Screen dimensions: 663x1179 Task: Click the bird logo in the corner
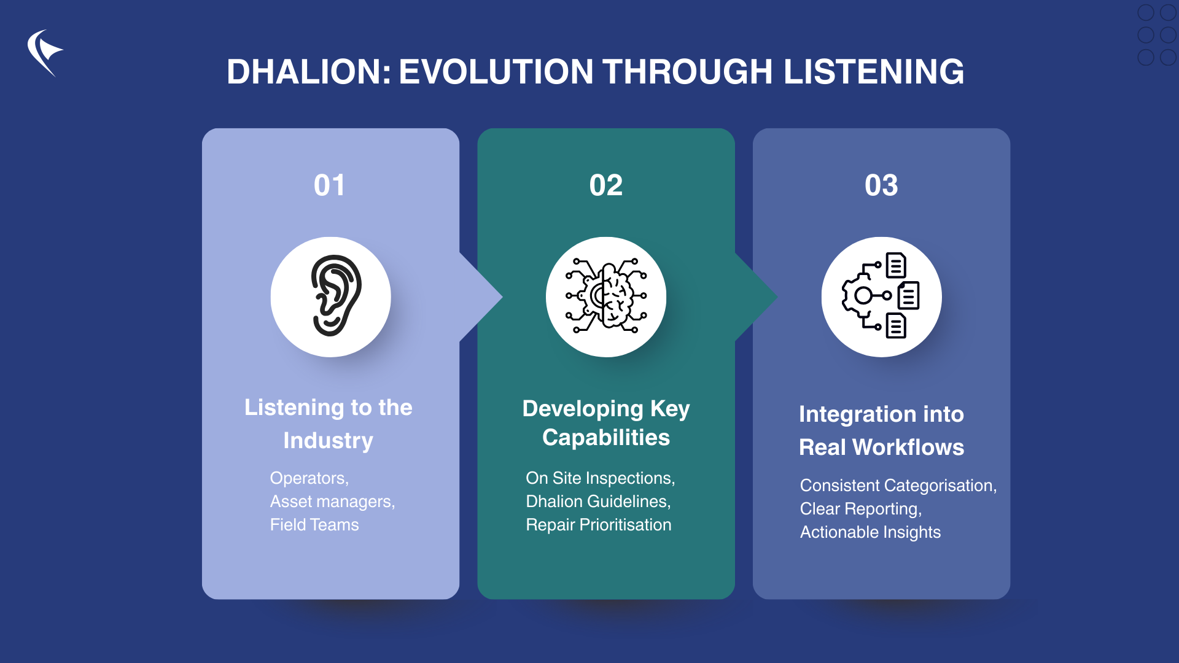tap(44, 53)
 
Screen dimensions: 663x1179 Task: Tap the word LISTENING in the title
tap(873, 72)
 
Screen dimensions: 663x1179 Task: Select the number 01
tap(330, 185)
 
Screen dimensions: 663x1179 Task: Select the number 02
tap(605, 185)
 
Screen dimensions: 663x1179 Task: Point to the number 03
tap(881, 185)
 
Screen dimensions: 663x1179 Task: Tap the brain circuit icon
tap(606, 297)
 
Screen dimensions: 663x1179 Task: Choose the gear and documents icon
tap(881, 297)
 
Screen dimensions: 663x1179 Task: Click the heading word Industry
tap(328, 441)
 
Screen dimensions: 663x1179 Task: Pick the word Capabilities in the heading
tap(605, 438)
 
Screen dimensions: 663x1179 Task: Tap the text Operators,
tap(309, 478)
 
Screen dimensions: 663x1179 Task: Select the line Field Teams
tap(314, 525)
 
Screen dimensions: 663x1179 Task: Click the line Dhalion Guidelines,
tap(598, 502)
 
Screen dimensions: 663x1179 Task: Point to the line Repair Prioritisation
tap(598, 525)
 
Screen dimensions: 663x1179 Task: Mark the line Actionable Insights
tap(870, 532)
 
